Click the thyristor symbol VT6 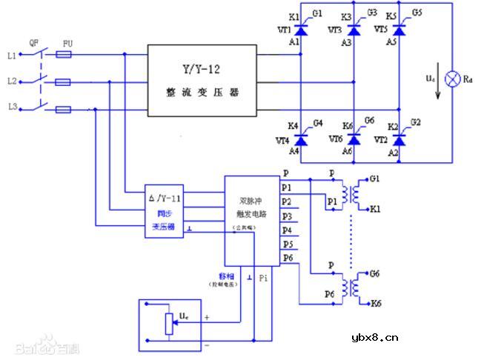[x=353, y=138]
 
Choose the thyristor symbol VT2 [x=401, y=138]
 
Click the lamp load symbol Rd [x=451, y=79]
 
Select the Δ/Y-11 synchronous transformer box [x=165, y=212]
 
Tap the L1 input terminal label [x=11, y=56]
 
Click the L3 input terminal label [x=11, y=108]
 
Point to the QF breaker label [x=33, y=43]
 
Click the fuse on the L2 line [x=64, y=82]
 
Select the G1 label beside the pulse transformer [x=374, y=180]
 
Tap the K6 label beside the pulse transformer [x=376, y=304]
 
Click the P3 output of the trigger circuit [x=287, y=216]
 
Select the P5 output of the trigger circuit [x=287, y=244]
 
